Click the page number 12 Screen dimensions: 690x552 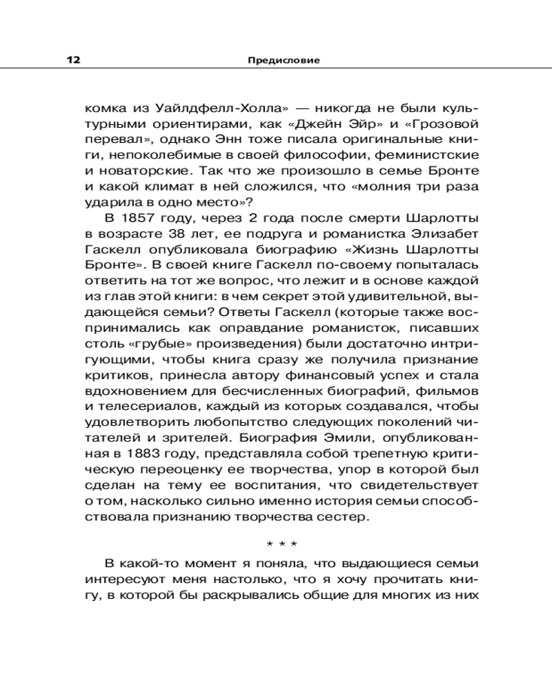[74, 60]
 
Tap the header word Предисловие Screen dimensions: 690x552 [284, 60]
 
